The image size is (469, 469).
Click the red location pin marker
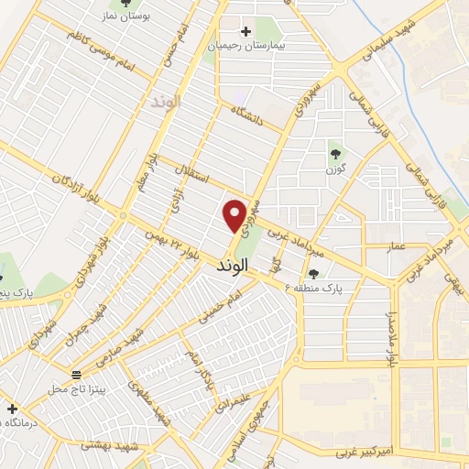[235, 215]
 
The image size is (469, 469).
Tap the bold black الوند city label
[234, 265]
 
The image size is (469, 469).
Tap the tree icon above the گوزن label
[333, 154]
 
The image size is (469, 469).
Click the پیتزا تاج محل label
[77, 388]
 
